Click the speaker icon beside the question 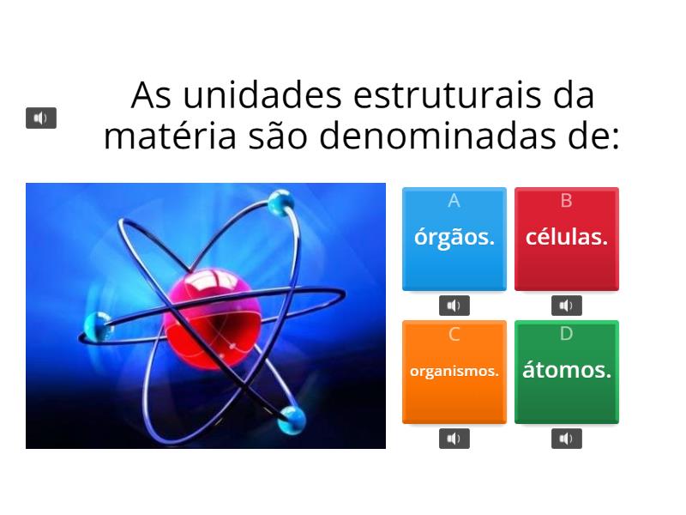41,118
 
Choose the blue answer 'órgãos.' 454,238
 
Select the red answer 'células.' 566,238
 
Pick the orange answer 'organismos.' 454,372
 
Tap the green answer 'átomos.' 566,371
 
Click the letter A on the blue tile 454,201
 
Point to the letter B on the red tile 566,201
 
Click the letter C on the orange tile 454,335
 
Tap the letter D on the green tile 566,334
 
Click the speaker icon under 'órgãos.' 454,306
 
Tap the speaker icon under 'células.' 566,306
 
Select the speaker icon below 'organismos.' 454,439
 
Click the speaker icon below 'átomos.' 566,439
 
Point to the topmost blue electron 280,203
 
